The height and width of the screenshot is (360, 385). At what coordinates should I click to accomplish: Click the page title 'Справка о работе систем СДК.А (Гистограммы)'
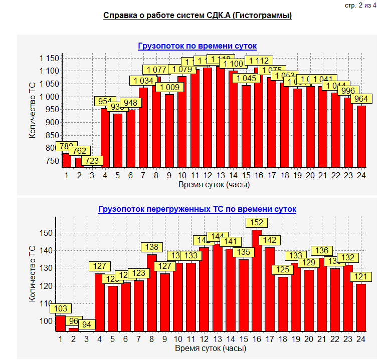click(198, 16)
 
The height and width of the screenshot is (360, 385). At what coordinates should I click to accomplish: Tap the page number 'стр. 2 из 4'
click(360, 6)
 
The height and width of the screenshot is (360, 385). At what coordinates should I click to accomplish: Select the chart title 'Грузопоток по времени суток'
click(197, 46)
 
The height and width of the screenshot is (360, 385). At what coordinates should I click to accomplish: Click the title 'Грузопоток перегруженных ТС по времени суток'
click(197, 209)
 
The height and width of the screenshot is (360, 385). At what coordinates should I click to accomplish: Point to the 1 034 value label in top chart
click(143, 81)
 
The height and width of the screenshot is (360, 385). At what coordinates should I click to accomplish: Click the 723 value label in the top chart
click(92, 161)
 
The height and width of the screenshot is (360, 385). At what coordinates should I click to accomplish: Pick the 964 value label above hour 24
click(361, 99)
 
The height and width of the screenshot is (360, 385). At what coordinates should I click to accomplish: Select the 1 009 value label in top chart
click(169, 87)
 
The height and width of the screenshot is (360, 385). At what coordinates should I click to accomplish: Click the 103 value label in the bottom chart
click(61, 309)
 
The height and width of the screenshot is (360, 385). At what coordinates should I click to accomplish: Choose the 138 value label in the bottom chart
click(151, 247)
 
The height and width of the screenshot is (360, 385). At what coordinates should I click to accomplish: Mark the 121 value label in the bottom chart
click(361, 277)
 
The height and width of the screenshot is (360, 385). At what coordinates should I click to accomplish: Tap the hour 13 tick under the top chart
click(220, 175)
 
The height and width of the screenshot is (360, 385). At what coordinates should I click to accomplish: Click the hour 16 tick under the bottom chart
click(257, 339)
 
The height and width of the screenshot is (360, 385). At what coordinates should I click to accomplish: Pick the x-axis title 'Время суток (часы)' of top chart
click(214, 184)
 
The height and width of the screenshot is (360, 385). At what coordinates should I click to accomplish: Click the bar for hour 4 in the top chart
click(105, 138)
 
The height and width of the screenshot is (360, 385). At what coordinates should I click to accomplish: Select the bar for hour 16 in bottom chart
click(257, 280)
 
